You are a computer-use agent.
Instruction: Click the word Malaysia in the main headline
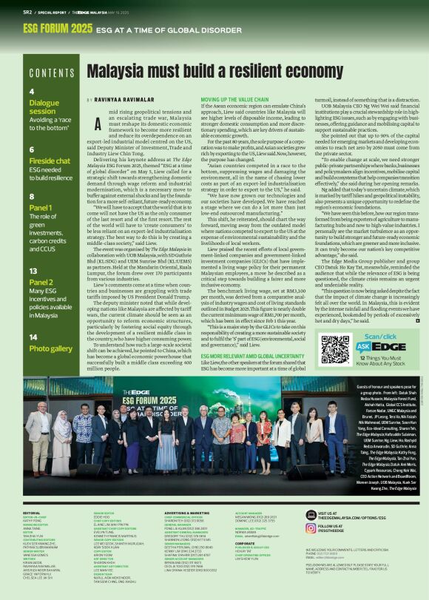coord(123,72)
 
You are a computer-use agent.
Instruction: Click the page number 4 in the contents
coord(32,92)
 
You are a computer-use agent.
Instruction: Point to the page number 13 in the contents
coord(33,272)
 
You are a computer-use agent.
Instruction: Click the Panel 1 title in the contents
coord(41,207)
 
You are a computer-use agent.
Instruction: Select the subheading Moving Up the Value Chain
coord(235,98)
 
